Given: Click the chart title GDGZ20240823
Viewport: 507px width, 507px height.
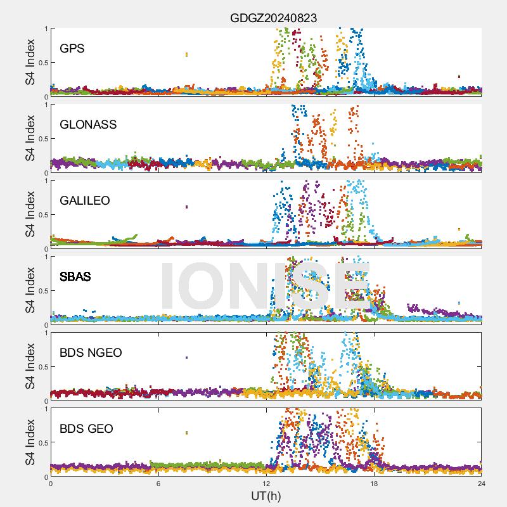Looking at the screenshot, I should pyautogui.click(x=273, y=18).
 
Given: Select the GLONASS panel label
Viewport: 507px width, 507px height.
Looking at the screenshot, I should pyautogui.click(x=88, y=124).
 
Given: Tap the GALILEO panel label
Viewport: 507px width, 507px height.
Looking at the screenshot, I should pyautogui.click(x=85, y=200).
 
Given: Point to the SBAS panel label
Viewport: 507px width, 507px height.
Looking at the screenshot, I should pyautogui.click(x=75, y=276).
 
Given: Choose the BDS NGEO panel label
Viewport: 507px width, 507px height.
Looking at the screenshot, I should pyautogui.click(x=91, y=352).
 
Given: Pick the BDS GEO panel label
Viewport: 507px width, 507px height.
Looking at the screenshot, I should pyautogui.click(x=86, y=428).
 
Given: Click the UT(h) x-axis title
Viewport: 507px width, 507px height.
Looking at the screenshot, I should pyautogui.click(x=266, y=495).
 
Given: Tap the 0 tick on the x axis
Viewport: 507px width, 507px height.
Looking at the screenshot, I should pyautogui.click(x=51, y=483).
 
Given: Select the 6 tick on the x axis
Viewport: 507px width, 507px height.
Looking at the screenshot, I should pyautogui.click(x=158, y=483).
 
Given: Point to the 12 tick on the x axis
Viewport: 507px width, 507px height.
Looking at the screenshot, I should pyautogui.click(x=266, y=483).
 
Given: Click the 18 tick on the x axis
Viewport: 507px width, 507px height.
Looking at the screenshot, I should pyautogui.click(x=374, y=483).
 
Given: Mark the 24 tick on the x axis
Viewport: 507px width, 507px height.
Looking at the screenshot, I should pyautogui.click(x=482, y=483).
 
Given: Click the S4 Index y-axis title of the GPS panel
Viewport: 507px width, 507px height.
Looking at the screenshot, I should pyautogui.click(x=30, y=62).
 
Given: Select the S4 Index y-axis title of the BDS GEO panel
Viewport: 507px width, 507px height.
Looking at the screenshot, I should pyautogui.click(x=30, y=442).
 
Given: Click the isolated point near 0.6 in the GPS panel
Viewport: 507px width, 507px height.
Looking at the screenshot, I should pyautogui.click(x=186, y=55).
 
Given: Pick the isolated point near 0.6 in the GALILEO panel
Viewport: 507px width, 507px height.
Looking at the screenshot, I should pyautogui.click(x=186, y=207).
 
